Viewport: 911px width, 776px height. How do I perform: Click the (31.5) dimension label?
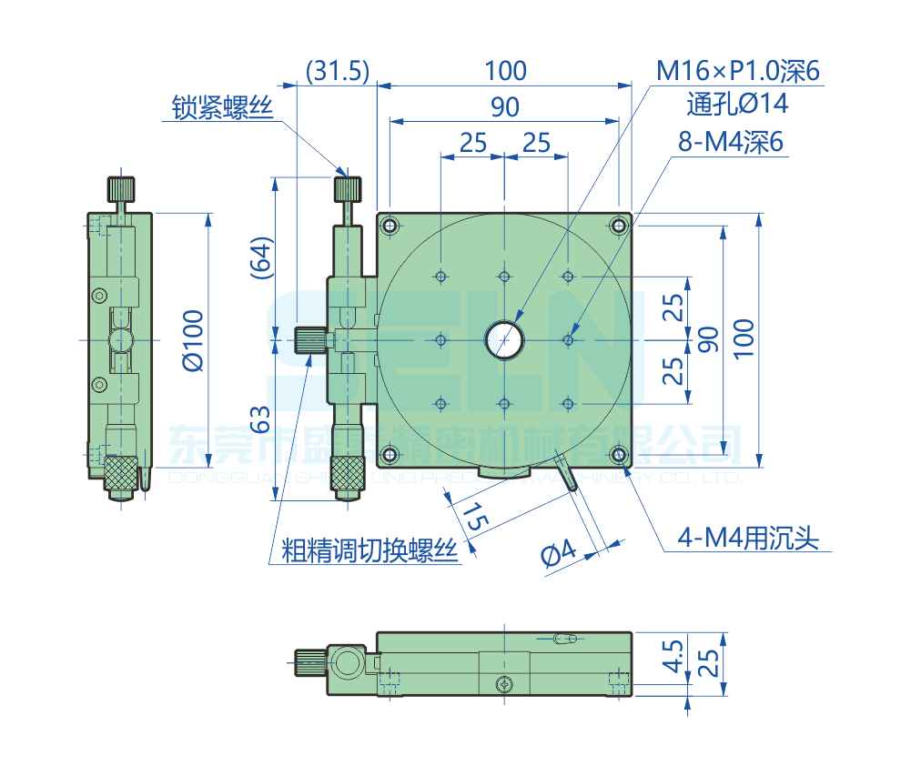[x=337, y=71]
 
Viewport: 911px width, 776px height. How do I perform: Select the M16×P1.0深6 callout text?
[x=738, y=70]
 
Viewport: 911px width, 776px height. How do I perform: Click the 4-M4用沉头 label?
[x=747, y=539]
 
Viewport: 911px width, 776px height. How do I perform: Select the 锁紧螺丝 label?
[x=223, y=108]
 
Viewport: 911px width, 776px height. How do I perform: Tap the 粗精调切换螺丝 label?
[x=369, y=550]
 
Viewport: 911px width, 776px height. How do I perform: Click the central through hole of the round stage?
[x=503, y=339]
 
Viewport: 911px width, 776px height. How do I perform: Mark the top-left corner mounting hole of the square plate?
[x=390, y=225]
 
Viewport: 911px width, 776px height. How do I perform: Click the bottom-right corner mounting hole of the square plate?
[x=619, y=455]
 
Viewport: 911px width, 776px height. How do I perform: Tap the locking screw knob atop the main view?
[x=348, y=189]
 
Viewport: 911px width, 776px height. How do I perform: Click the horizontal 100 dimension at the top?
[x=505, y=71]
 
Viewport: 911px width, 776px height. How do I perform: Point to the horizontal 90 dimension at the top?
[x=505, y=106]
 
